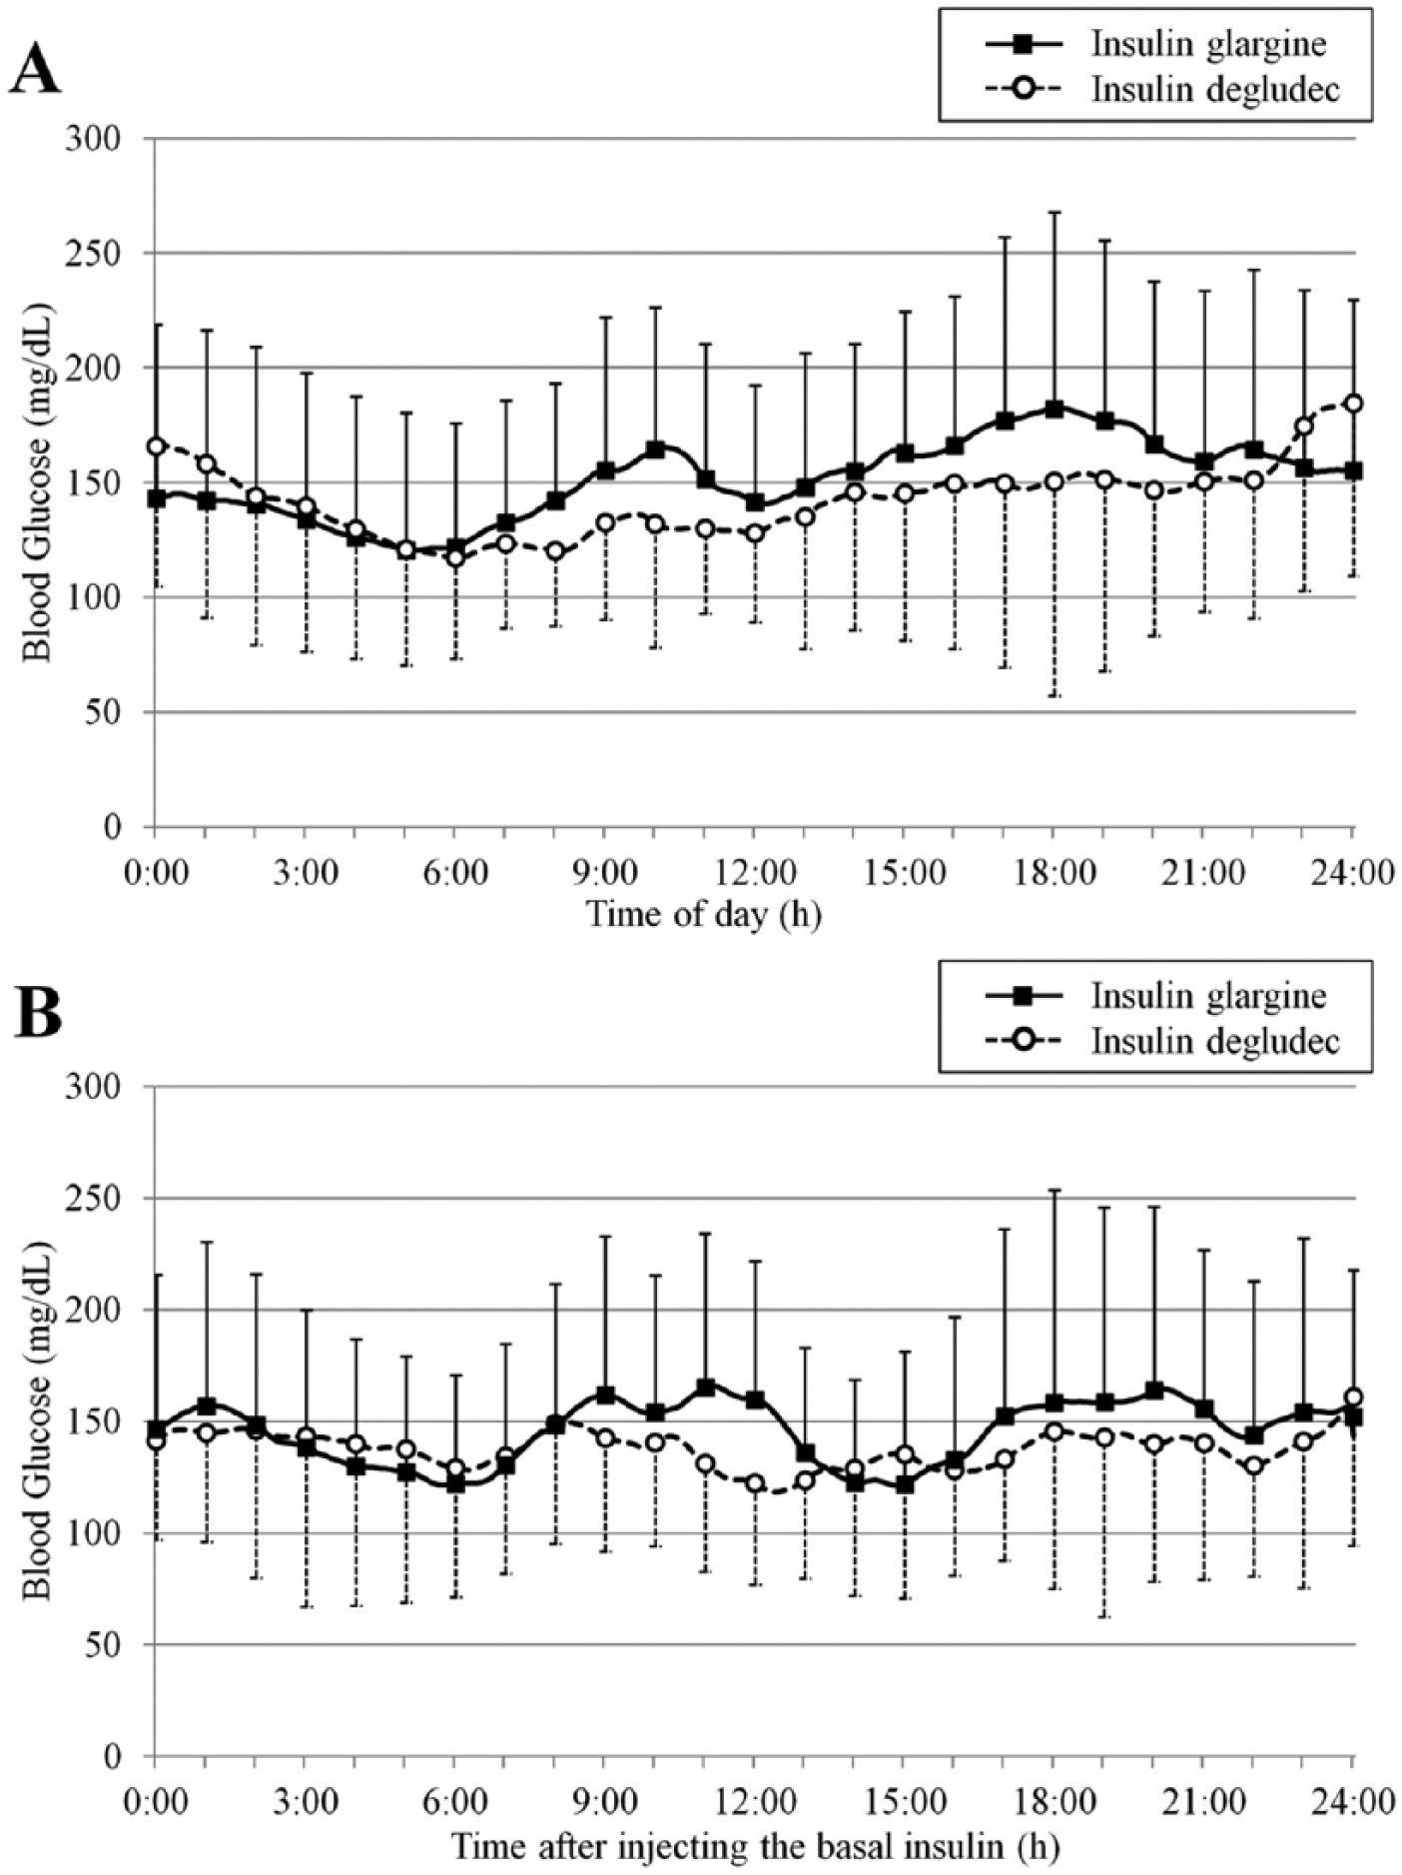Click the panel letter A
35,69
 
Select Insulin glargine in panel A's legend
1208,45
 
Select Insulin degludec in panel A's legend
1214,89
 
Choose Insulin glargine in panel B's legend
1208,996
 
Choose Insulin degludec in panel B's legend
1214,1040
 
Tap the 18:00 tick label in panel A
1053,872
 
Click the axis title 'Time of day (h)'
704,914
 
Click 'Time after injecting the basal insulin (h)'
755,1846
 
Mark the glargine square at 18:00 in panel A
1053,409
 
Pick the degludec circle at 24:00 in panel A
1353,404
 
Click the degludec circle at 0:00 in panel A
156,446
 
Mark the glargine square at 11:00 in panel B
705,1388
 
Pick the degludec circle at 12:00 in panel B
755,1483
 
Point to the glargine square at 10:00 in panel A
655,450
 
